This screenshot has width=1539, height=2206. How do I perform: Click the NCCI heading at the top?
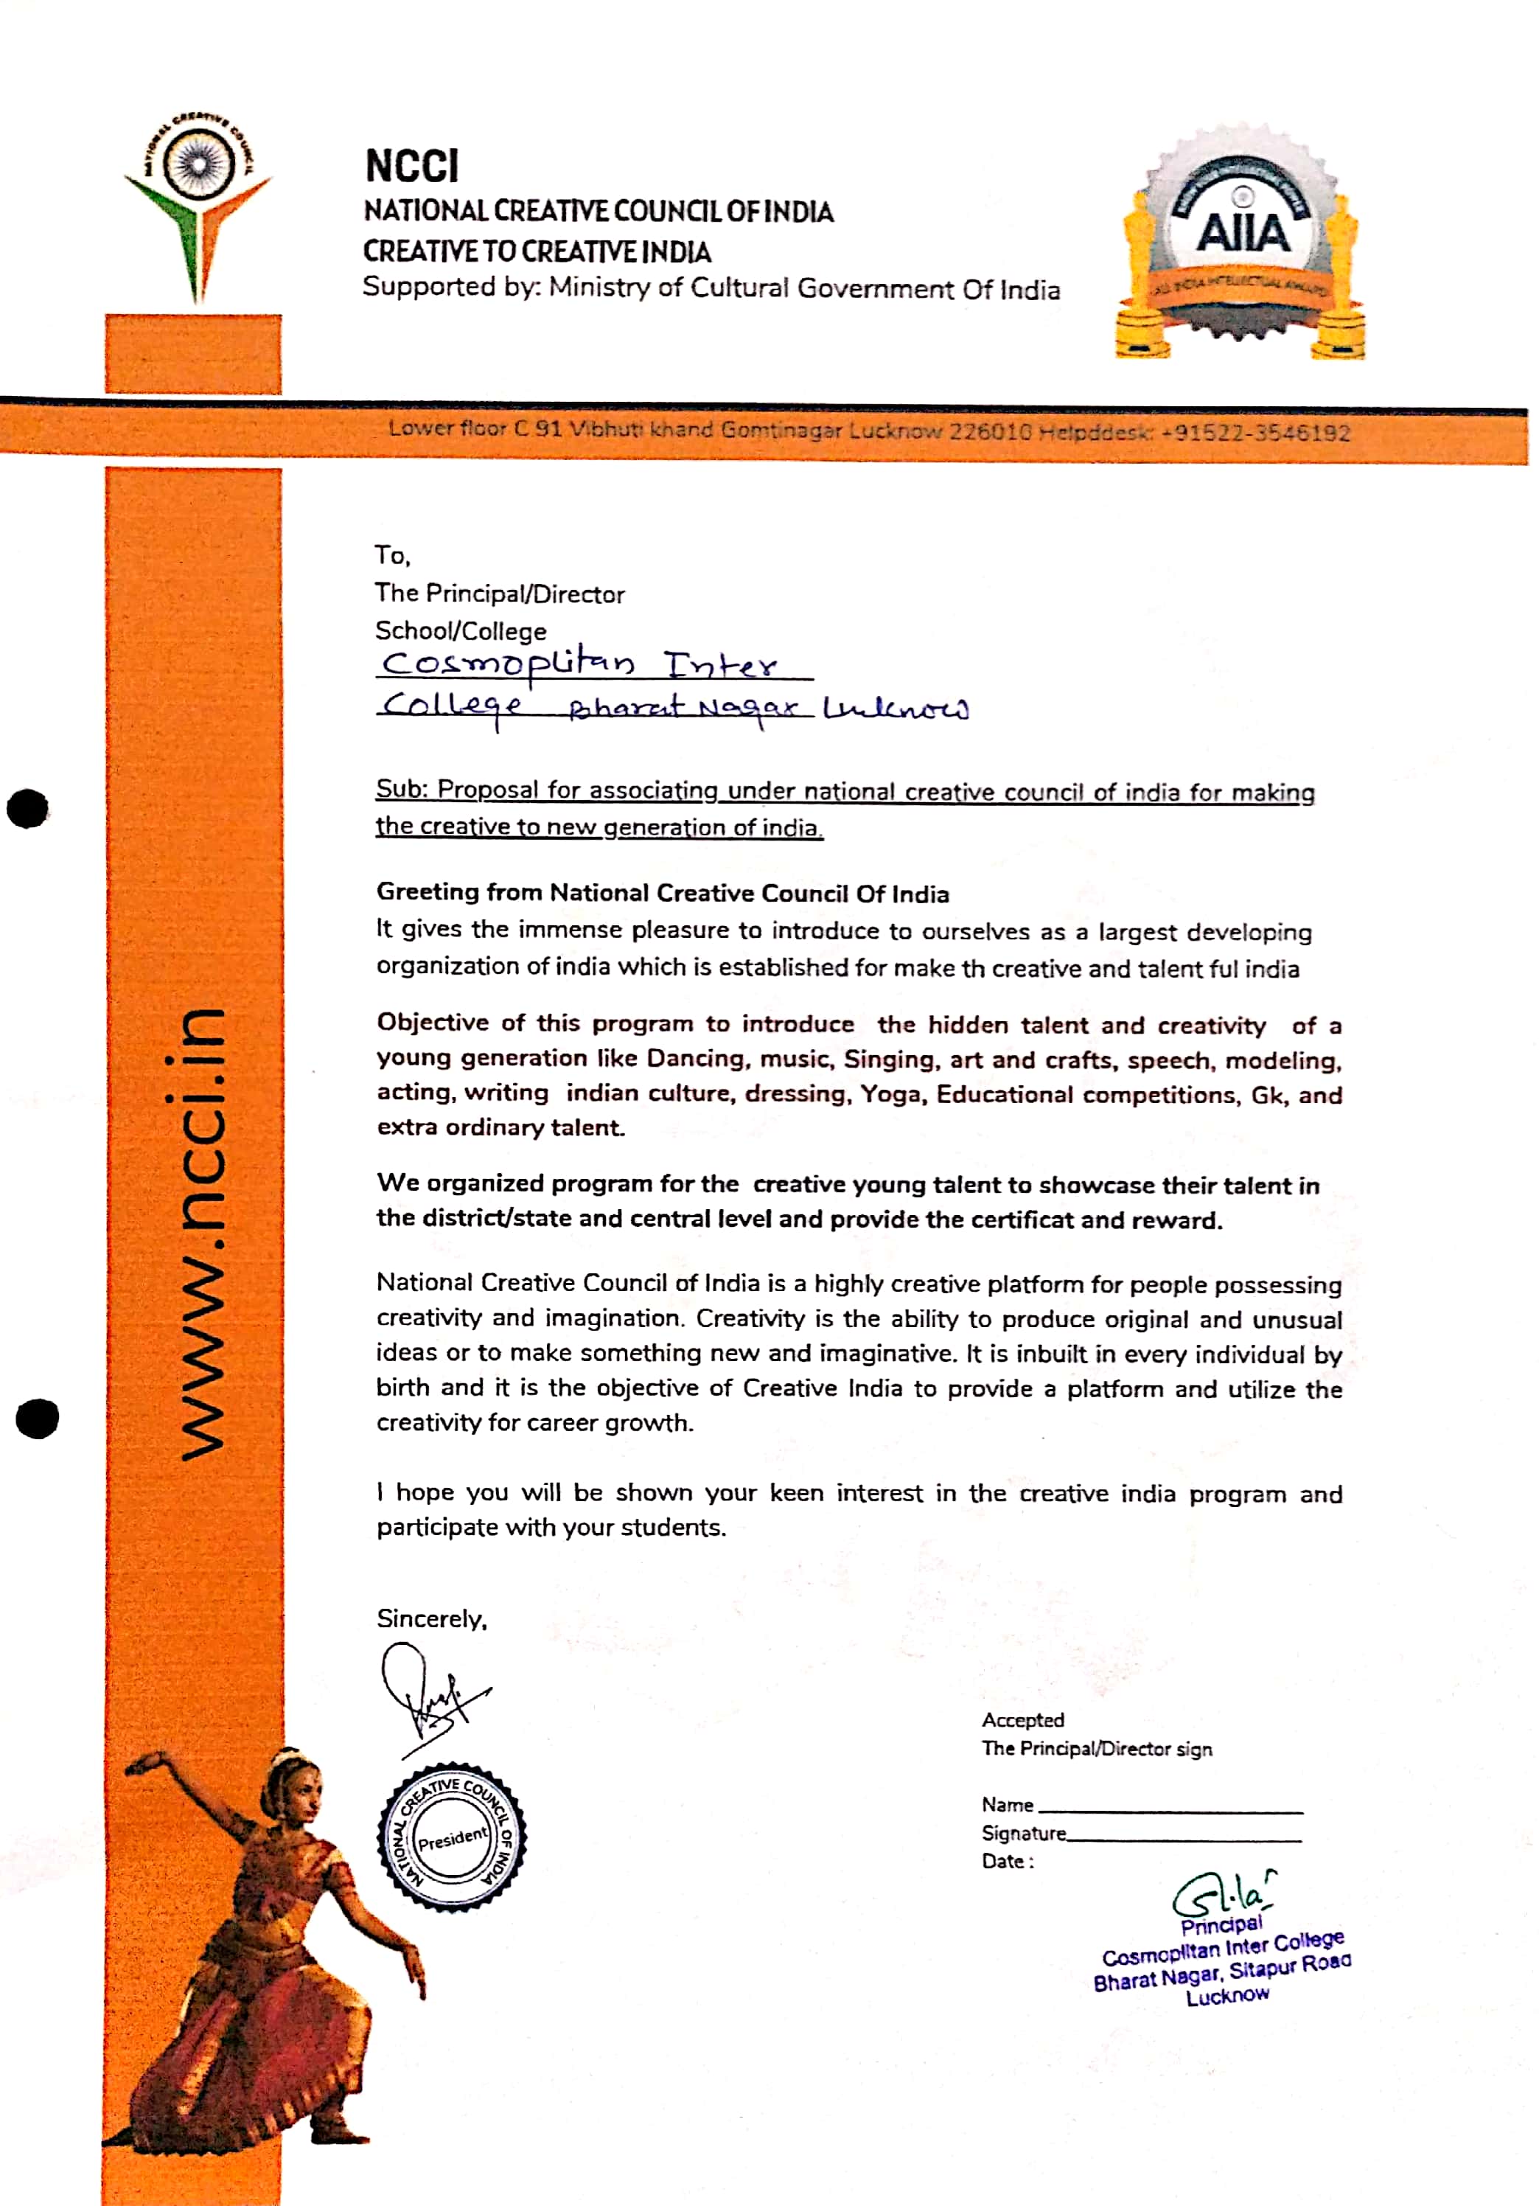pos(411,165)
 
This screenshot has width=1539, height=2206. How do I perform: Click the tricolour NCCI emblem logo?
pos(198,202)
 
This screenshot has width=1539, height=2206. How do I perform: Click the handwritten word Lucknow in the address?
pos(896,709)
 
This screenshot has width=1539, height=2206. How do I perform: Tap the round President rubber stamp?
pos(452,1837)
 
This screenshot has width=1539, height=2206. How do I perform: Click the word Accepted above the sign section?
pos(1022,1720)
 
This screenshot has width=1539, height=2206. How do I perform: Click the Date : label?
pos(1007,1861)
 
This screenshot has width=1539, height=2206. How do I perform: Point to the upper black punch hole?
pos(28,808)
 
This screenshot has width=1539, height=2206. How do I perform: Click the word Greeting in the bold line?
pos(427,891)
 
